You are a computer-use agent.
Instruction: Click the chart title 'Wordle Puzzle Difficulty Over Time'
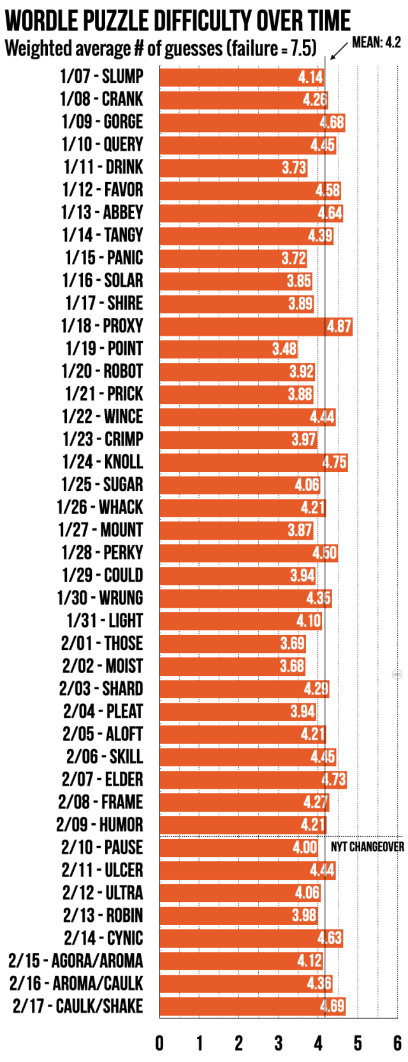(x=177, y=21)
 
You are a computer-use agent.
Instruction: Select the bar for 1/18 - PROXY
(x=255, y=326)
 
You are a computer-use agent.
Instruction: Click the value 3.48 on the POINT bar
(x=284, y=349)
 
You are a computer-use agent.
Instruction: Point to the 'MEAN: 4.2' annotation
(x=377, y=43)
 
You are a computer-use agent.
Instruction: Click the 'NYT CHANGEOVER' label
(x=367, y=847)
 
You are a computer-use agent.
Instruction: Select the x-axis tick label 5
(x=358, y=1044)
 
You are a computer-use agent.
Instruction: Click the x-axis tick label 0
(x=159, y=1044)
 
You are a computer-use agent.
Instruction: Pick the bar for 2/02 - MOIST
(x=232, y=666)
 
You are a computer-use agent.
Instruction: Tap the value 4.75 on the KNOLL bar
(x=335, y=463)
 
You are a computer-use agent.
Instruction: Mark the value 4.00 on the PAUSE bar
(x=305, y=847)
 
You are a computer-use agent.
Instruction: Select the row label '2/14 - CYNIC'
(x=103, y=938)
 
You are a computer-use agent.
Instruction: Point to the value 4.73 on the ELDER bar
(x=334, y=780)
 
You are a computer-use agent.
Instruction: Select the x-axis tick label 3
(x=279, y=1044)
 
